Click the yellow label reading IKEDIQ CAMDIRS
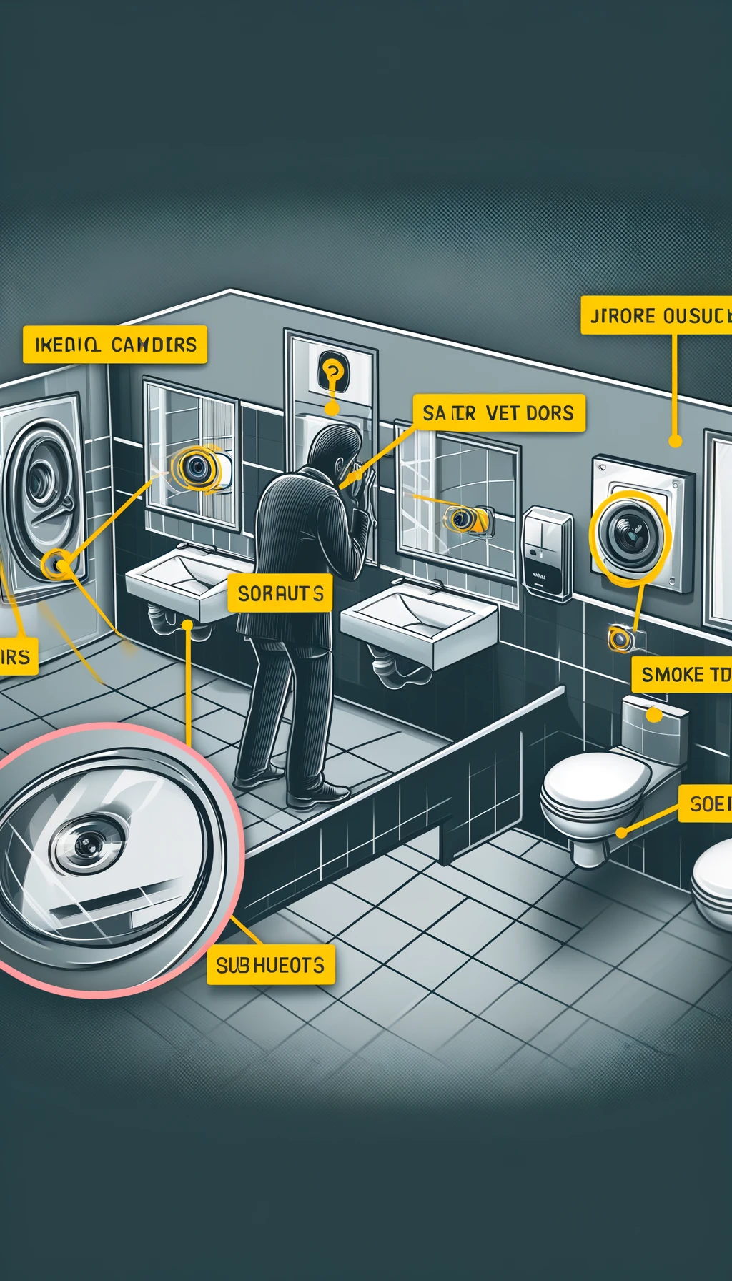(x=115, y=345)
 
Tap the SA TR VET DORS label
(x=498, y=413)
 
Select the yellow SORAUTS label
(x=280, y=593)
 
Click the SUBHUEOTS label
(x=270, y=966)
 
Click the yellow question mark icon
(x=332, y=371)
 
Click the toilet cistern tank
(x=653, y=726)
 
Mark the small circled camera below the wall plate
(x=620, y=638)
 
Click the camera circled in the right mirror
(x=463, y=519)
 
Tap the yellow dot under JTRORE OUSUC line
(x=674, y=441)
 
